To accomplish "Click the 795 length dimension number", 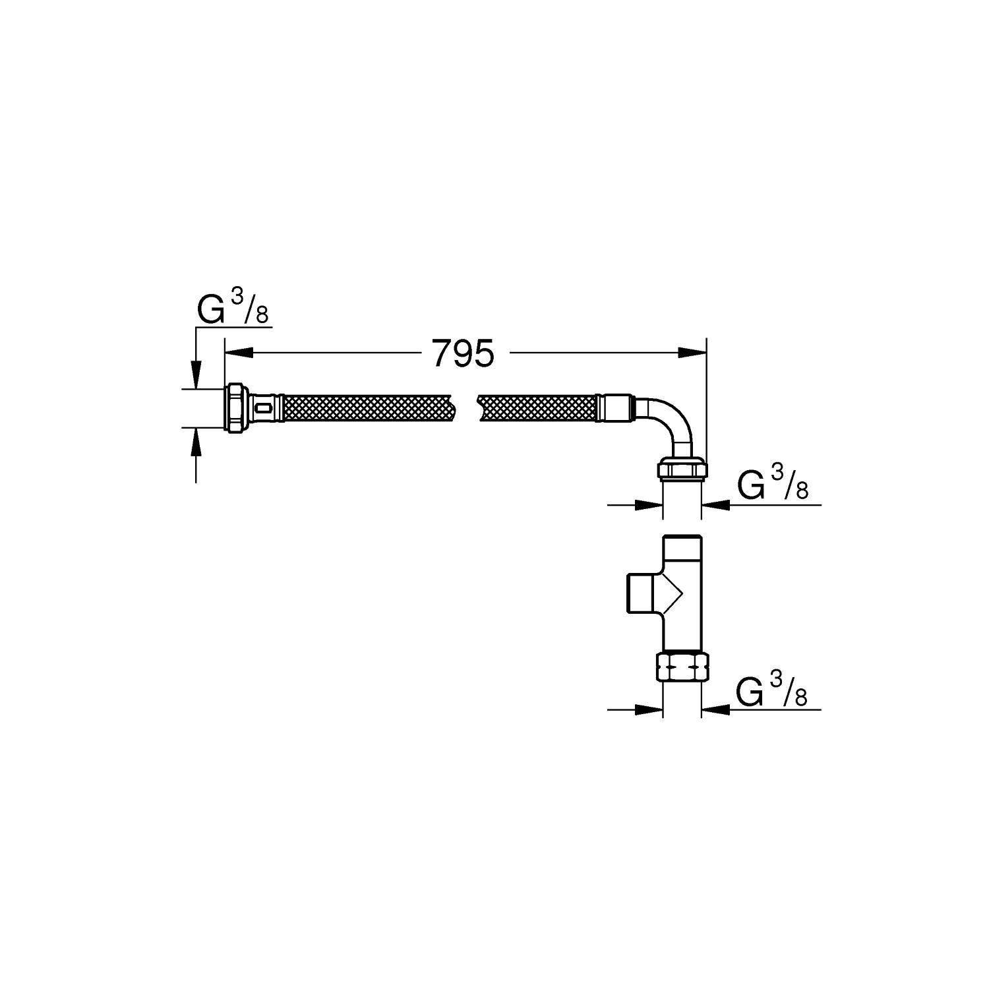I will [x=463, y=354].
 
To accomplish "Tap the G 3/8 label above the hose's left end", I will [x=233, y=311].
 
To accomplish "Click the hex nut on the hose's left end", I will [x=235, y=409].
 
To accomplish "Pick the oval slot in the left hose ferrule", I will [x=264, y=409].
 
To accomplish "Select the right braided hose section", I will [x=537, y=409].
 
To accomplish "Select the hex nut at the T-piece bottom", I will [x=682, y=667].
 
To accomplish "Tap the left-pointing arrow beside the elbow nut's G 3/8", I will [x=716, y=505].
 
